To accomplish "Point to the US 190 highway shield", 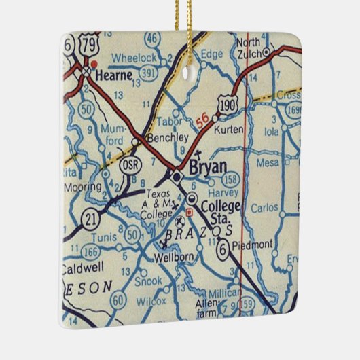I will click(x=227, y=105).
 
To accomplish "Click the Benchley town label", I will click(x=167, y=137).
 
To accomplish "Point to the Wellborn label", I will click(x=170, y=258).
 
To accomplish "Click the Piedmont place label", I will click(x=252, y=244).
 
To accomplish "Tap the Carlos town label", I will click(x=264, y=207).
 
